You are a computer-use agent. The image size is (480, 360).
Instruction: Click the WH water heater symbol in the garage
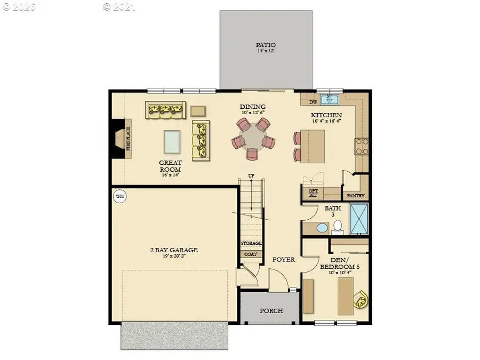point(119,196)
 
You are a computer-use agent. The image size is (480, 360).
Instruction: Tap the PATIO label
point(265,45)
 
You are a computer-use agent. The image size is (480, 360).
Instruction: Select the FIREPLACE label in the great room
point(128,139)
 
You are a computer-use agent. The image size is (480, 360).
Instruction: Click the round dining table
point(253,139)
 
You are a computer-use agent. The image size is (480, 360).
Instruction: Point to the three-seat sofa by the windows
point(165,110)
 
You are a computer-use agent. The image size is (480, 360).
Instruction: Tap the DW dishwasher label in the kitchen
point(314,102)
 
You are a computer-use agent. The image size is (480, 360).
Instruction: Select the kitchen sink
point(333,100)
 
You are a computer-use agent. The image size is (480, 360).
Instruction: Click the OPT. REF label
point(314,193)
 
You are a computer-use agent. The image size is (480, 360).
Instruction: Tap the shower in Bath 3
point(358,219)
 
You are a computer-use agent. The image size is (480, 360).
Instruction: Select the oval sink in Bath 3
point(322,229)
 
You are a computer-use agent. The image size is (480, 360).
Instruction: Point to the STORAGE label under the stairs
point(251,243)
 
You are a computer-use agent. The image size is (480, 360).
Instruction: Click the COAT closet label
point(250,254)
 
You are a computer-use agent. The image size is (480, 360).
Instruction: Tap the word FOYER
point(283,260)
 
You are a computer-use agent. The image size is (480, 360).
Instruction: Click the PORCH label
point(271,311)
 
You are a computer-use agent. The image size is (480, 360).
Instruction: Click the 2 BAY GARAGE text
point(174,250)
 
